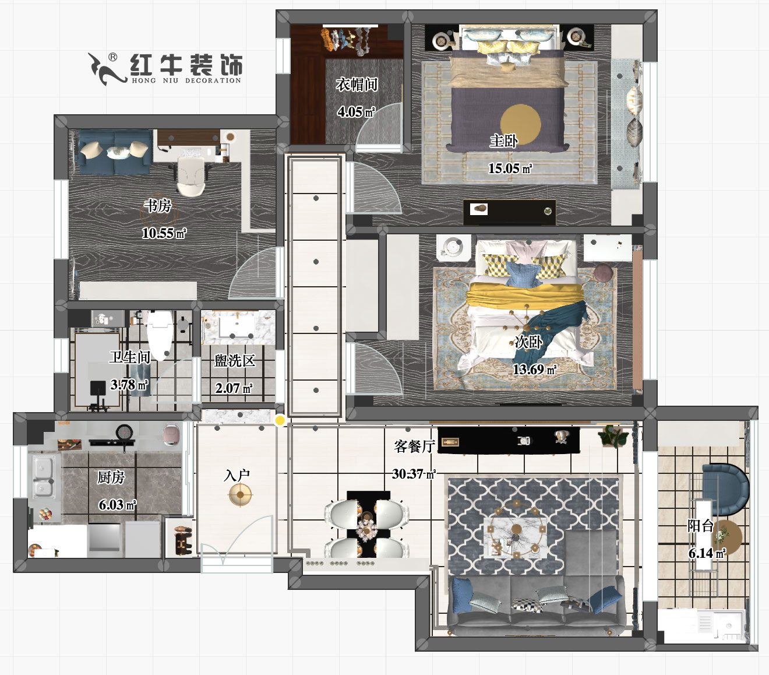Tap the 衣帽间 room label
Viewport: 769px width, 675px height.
tap(357, 85)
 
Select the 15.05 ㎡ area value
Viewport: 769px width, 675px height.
tap(510, 168)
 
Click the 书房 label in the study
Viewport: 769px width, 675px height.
tap(158, 206)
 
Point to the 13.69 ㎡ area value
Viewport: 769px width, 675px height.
tap(534, 370)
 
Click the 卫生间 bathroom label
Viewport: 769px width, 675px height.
tap(129, 357)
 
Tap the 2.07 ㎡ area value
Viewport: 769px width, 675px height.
tap(234, 388)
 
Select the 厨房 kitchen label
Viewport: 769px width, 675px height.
tap(111, 477)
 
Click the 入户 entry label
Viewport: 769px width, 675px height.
tap(237, 475)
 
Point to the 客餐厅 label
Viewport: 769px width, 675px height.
tap(414, 447)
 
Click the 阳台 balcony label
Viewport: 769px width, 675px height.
tap(700, 526)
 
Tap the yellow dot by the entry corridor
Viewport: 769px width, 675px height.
tap(280, 420)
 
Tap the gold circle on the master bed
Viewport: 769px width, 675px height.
tap(520, 123)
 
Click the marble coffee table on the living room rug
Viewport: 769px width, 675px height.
tap(516, 536)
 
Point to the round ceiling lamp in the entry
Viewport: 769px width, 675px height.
tap(240, 495)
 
